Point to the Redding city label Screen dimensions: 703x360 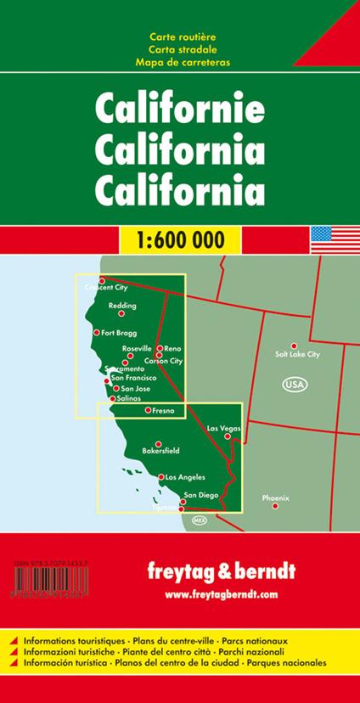coord(122,305)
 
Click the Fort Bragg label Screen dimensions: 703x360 coord(118,333)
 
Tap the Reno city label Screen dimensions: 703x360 coord(172,349)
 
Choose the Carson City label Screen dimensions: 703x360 coord(164,361)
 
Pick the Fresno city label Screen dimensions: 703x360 coord(165,411)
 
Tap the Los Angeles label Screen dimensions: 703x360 coord(184,477)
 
